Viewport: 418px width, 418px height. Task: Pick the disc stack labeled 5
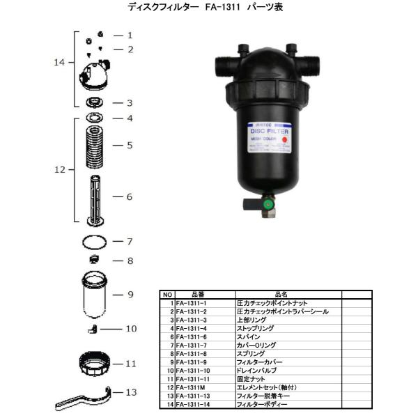pyautogui.click(x=95, y=146)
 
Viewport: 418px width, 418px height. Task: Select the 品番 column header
pyautogui.click(x=197, y=294)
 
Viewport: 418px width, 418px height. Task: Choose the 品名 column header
pyautogui.click(x=280, y=294)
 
